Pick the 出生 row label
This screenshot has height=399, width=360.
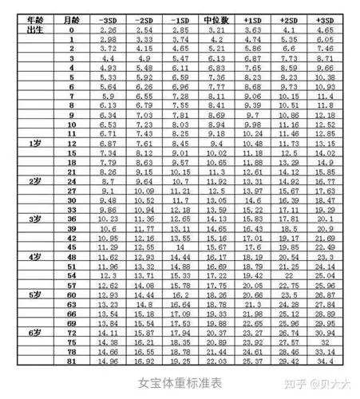34,30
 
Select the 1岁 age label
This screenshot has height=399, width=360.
34,143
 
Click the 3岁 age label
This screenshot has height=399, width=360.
34,217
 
